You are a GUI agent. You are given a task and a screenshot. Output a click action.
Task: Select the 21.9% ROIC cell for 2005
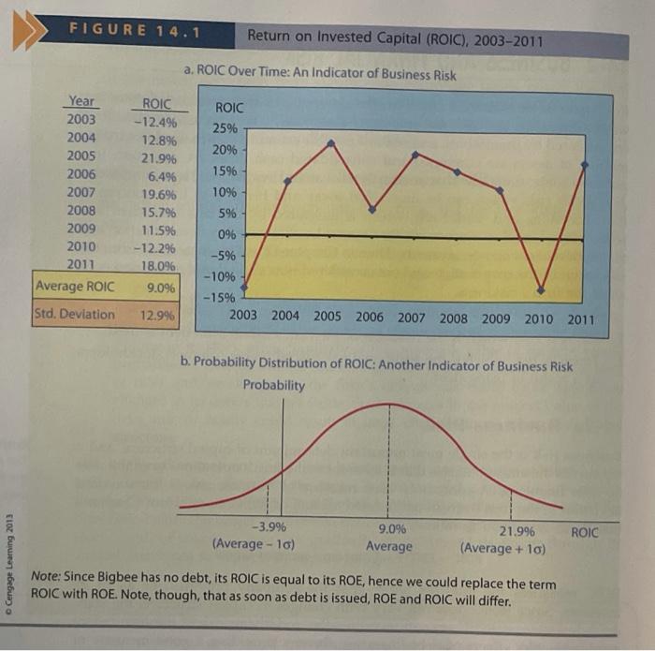click(159, 157)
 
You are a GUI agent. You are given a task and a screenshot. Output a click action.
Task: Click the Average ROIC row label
click(75, 286)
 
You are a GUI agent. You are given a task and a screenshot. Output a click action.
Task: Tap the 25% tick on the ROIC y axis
click(226, 127)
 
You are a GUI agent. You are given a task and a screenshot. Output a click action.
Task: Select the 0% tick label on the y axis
click(228, 234)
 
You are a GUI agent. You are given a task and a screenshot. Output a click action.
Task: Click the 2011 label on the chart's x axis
click(580, 319)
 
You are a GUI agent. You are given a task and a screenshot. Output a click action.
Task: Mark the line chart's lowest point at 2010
click(542, 288)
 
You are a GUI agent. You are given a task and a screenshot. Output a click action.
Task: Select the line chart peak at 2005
click(331, 142)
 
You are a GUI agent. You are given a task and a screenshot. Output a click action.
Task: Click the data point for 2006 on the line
click(371, 209)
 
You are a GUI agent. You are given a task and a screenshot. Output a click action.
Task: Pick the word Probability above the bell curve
click(273, 385)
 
